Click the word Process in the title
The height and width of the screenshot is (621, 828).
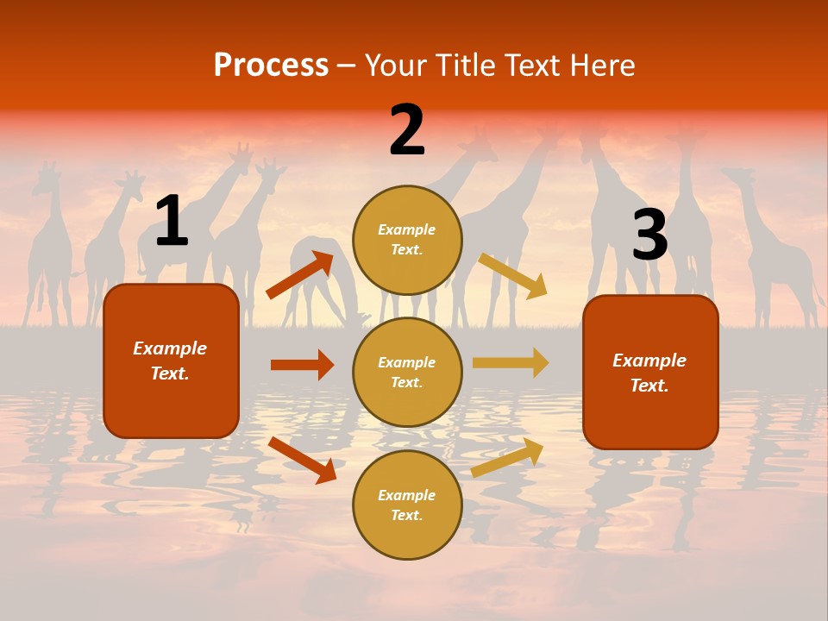tap(271, 65)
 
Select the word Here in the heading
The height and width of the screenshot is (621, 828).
tap(599, 65)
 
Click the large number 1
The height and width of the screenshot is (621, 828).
tap(171, 222)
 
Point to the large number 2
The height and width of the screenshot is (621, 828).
tap(407, 131)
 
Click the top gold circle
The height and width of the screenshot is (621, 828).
tap(407, 239)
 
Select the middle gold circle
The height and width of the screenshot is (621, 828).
tap(407, 372)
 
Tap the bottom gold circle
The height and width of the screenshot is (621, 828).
tap(407, 505)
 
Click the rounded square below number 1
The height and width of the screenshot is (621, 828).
tap(171, 361)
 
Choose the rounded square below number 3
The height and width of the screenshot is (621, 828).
tap(650, 373)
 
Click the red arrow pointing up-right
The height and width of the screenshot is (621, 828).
tap(300, 275)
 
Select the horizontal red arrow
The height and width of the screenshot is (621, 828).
tap(302, 365)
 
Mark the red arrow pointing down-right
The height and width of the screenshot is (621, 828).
tap(302, 460)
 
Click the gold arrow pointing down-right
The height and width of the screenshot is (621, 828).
tap(513, 275)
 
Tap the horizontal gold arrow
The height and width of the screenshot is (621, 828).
tap(511, 363)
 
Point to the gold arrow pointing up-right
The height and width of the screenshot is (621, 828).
tap(507, 458)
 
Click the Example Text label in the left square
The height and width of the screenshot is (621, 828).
tap(170, 361)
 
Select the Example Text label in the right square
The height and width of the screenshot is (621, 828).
tap(649, 373)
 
